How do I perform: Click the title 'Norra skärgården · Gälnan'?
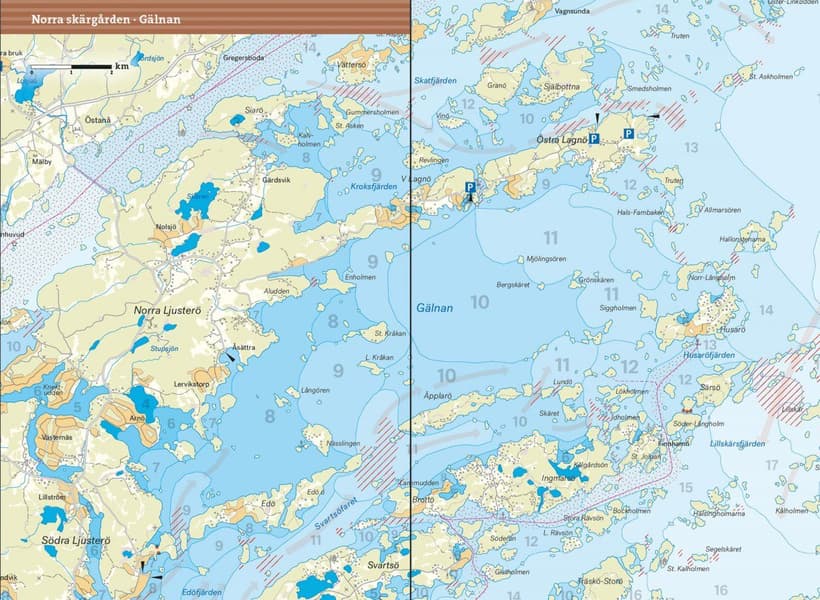pos(100,18)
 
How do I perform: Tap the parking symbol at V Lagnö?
pos(468,187)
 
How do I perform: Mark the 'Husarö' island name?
pos(732,327)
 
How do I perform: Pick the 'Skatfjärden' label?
pos(435,80)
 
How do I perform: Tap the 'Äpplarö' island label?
pos(440,396)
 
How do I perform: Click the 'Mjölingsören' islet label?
pos(546,258)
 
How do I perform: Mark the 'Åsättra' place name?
pos(243,347)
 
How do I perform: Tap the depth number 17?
pos(771,465)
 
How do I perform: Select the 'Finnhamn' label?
pos(673,444)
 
